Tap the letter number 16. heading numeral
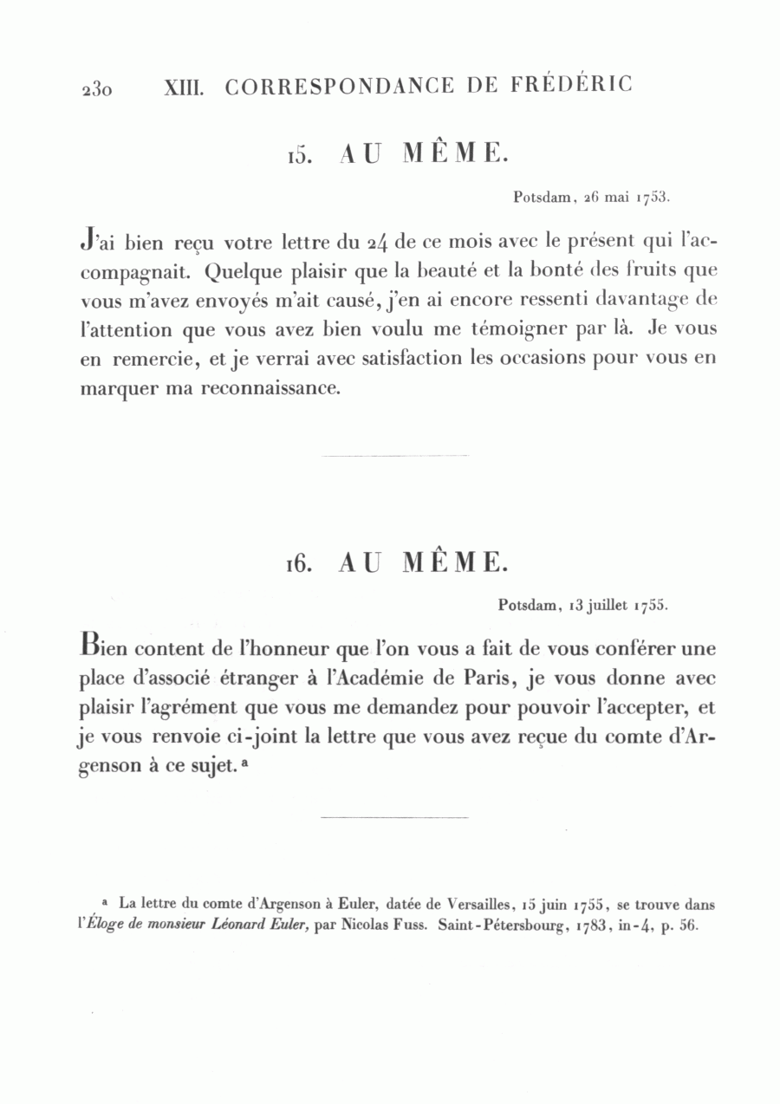(299, 564)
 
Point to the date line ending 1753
(592, 197)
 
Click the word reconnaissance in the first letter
(268, 389)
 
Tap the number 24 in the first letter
(378, 242)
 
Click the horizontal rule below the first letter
(394, 455)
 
